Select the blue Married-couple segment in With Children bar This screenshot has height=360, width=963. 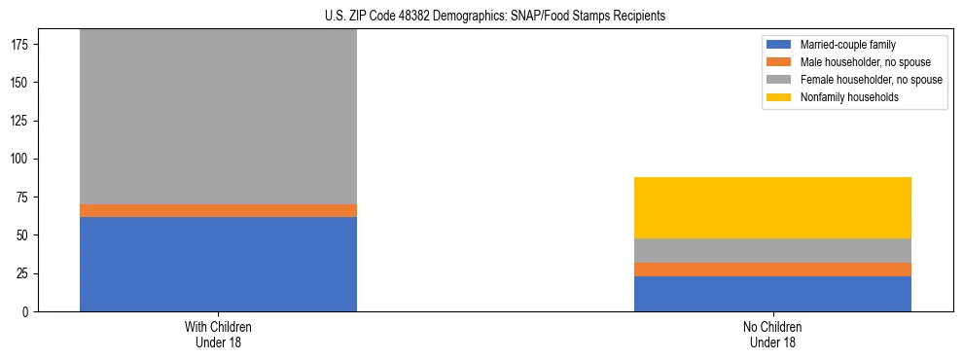218,264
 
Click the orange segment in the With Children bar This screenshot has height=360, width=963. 218,210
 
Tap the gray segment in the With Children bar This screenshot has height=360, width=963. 218,117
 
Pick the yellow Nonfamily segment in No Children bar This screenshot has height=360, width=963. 772,207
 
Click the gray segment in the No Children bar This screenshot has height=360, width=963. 772,250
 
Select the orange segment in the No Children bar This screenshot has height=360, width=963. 772,270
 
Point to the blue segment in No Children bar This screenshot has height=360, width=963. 772,294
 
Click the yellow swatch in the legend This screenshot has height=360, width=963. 779,97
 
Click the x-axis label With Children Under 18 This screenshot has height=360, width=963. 218,334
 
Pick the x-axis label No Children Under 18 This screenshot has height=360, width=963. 772,334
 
